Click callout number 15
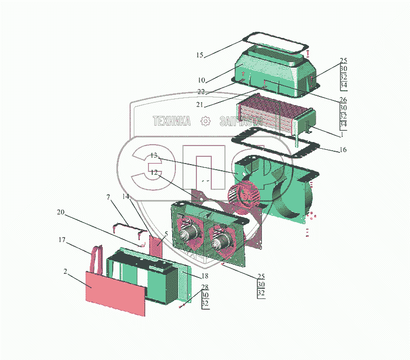(200, 54)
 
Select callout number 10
(201, 80)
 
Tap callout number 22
(201, 92)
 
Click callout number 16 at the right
(343, 150)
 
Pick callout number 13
(154, 155)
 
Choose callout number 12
(154, 173)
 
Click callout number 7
(109, 197)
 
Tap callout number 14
(126, 196)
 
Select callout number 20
(61, 213)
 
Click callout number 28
(205, 287)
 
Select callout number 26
(343, 99)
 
